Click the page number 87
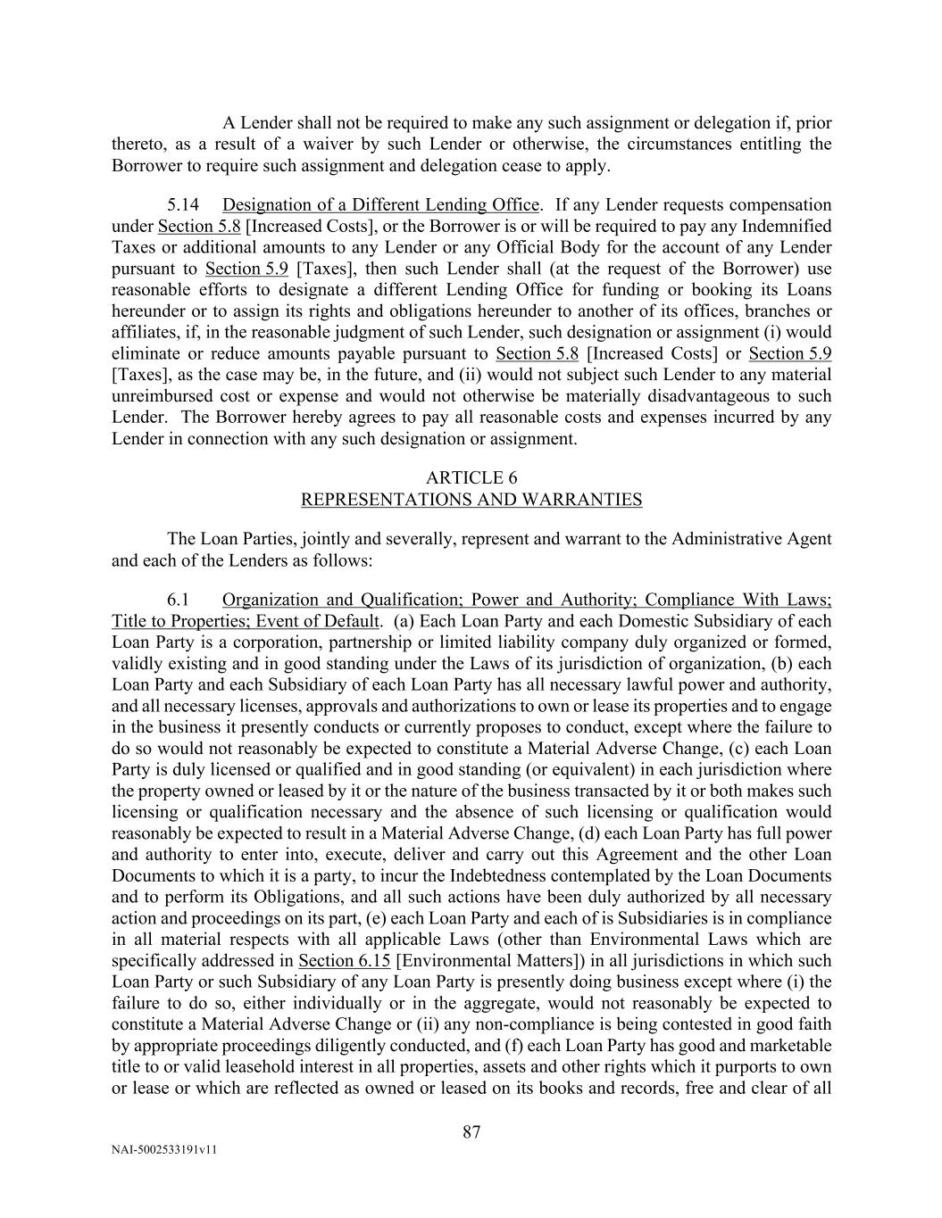tap(471, 1132)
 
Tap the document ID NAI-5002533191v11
tap(164, 1150)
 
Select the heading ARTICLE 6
tap(471, 477)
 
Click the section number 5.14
tap(183, 205)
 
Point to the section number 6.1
tap(179, 600)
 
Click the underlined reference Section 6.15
tap(344, 960)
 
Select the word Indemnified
tap(787, 226)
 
